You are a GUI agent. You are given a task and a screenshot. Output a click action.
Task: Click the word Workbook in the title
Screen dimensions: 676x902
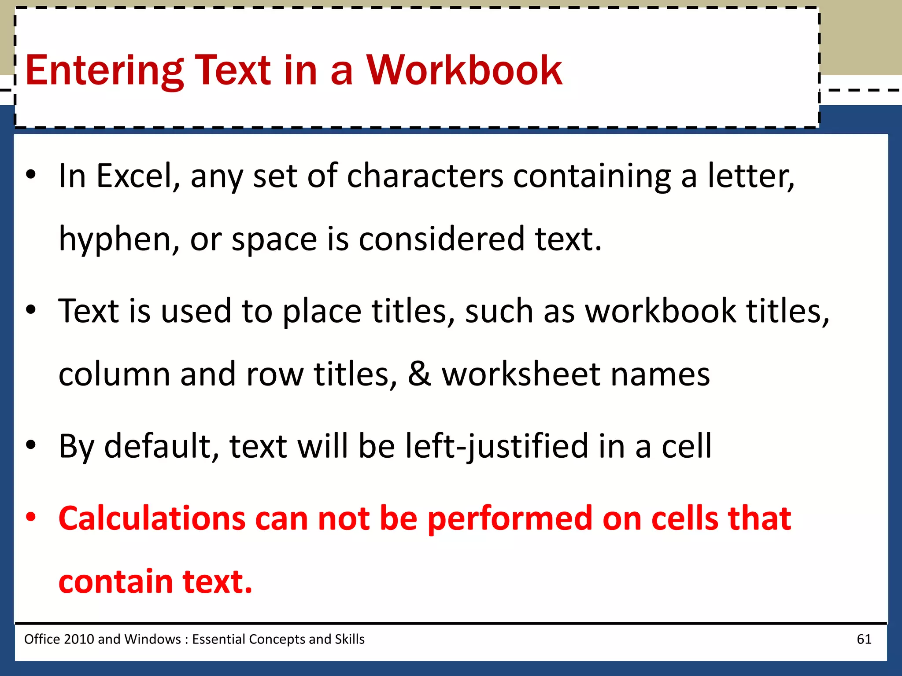click(x=464, y=70)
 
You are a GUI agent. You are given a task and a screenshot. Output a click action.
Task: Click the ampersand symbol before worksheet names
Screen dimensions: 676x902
click(x=419, y=374)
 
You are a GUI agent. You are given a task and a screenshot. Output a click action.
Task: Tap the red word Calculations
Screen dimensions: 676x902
click(x=152, y=518)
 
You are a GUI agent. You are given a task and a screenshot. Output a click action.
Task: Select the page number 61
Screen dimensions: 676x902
click(x=864, y=639)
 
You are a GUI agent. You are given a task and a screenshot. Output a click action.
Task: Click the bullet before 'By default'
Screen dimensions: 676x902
click(x=30, y=445)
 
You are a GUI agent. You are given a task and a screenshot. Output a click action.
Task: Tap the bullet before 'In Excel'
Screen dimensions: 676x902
click(x=30, y=175)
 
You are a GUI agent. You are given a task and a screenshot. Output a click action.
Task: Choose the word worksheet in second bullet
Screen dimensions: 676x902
click(x=521, y=374)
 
